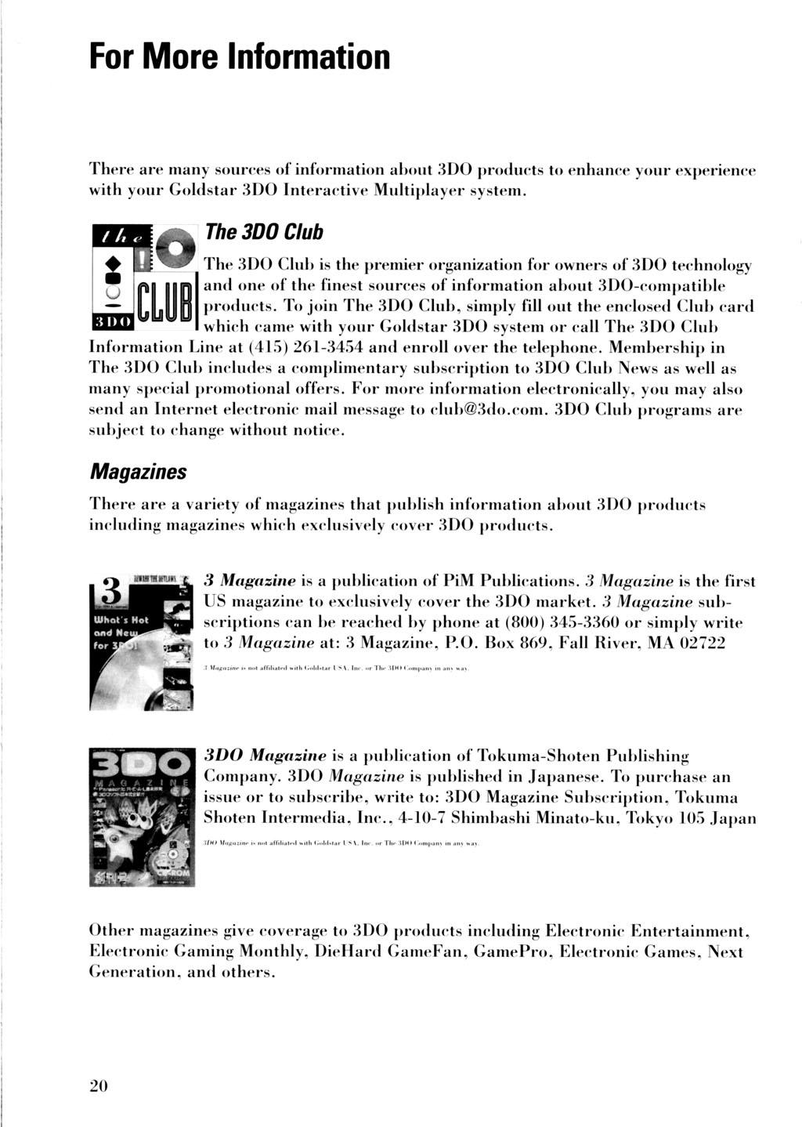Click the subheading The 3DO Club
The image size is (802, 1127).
[262, 233]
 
